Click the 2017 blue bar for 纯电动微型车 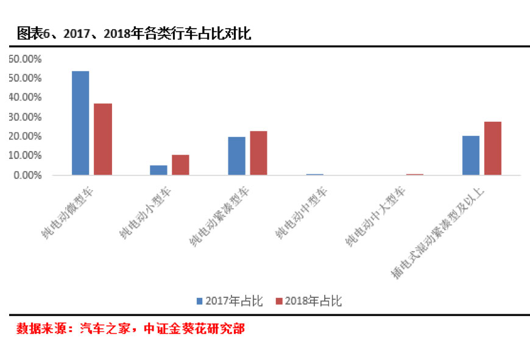80,123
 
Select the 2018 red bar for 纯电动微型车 102,139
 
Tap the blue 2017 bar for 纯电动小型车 158,170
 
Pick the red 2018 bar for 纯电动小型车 180,165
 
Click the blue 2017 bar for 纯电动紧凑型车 236,156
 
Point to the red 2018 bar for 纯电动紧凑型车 258,153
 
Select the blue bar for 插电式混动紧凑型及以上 471,155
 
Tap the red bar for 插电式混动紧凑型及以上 492,149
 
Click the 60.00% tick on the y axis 24,58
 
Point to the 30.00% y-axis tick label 24,117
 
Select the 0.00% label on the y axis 27,175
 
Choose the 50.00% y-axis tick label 24,78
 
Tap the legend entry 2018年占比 308,301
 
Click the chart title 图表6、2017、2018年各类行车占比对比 134,34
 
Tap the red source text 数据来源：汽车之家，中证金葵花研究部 130,329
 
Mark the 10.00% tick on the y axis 24,156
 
